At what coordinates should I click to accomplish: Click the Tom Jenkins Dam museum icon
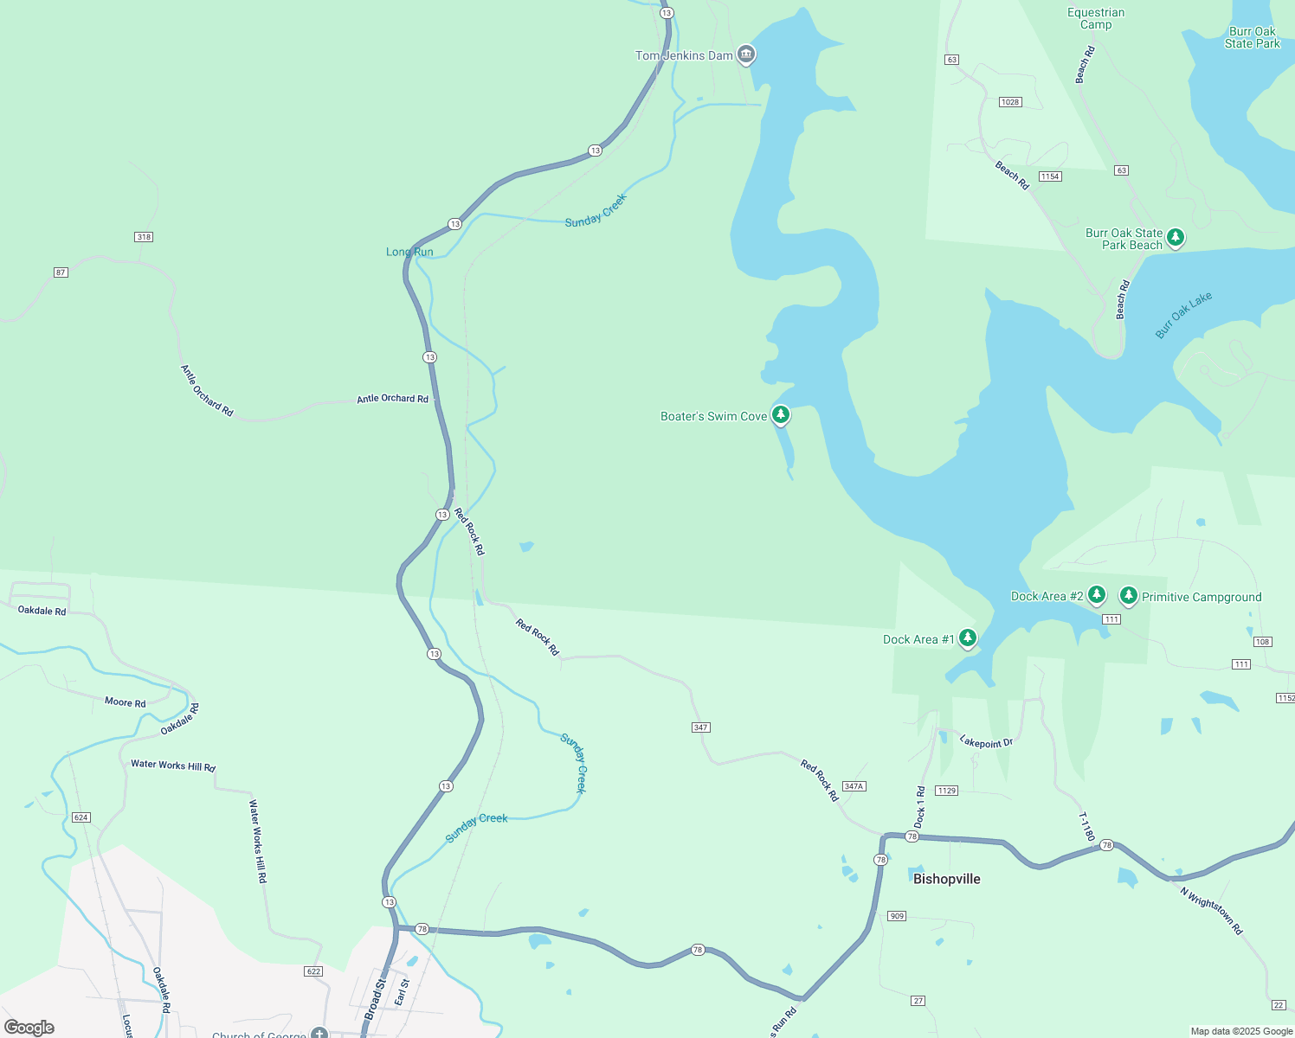(746, 55)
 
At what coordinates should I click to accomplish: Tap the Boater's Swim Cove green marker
(780, 415)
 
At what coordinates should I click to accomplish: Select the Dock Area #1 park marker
(968, 638)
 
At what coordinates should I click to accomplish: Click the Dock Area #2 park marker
(1097, 595)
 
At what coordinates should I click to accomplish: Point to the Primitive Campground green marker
(1128, 595)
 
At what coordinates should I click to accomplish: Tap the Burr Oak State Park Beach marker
(1175, 237)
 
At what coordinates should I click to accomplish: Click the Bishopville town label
(946, 879)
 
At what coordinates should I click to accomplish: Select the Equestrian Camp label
(1096, 18)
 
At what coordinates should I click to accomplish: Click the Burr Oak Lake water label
(1183, 315)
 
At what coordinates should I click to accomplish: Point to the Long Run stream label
(409, 252)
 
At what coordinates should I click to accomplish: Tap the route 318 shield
(144, 237)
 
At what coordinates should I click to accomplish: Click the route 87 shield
(61, 272)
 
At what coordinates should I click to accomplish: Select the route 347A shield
(854, 786)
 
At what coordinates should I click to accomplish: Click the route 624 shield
(81, 817)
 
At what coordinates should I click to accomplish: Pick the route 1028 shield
(1010, 102)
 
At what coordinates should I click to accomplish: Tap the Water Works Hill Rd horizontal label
(173, 766)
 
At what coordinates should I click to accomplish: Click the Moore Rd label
(125, 702)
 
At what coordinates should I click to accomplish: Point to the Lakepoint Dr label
(986, 742)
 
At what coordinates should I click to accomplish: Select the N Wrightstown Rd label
(1211, 910)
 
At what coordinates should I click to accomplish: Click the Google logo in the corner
(29, 1027)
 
